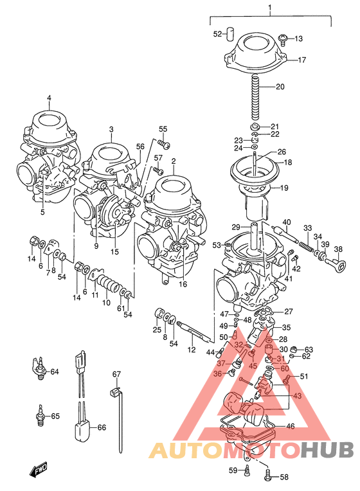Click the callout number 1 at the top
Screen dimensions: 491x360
pos(270,8)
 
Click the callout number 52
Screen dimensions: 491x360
pos(217,34)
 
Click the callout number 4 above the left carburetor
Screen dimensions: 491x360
pos(49,98)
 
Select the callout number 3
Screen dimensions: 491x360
pos(111,129)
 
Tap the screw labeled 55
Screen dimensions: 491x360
pos(163,141)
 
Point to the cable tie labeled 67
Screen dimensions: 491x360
pos(118,418)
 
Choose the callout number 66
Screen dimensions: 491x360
pos(101,427)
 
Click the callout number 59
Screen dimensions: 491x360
pos(233,470)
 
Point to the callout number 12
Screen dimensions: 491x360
pos(191,350)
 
